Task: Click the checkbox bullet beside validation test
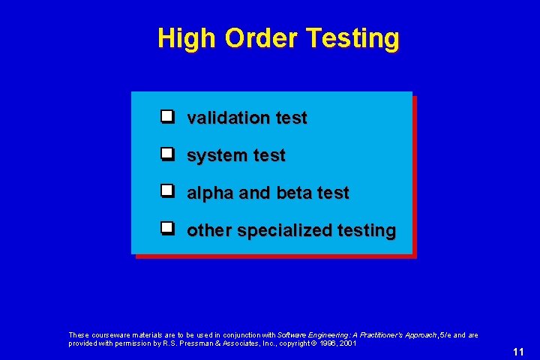point(167,117)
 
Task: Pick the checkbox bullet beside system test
point(167,154)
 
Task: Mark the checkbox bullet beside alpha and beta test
point(167,192)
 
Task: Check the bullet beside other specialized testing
point(167,229)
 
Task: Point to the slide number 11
point(518,352)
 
